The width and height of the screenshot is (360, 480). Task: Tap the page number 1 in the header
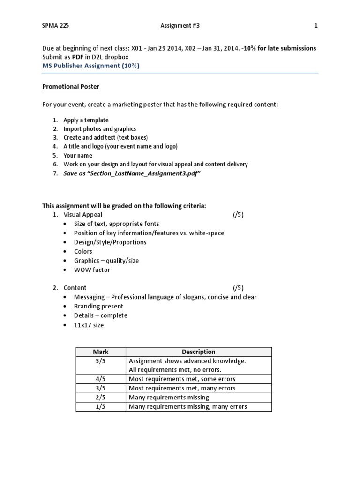pos(316,26)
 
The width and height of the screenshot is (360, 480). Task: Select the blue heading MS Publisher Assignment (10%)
pos(90,66)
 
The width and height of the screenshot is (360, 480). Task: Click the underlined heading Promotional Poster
pos(71,87)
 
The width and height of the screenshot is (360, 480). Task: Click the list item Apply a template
pos(86,120)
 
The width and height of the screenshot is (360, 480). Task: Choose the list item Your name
pos(78,155)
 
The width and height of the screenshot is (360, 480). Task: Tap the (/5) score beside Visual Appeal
pos(238,215)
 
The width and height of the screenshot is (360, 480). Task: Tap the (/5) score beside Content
pos(238,288)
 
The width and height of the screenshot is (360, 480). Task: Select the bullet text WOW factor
pos(92,270)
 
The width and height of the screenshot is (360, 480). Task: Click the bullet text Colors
pos(83,251)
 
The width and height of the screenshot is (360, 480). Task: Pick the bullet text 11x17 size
pos(89,324)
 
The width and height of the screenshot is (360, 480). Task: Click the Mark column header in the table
pos(101,352)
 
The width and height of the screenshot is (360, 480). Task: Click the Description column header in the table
pos(199,352)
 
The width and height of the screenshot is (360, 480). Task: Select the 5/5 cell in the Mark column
pos(101,361)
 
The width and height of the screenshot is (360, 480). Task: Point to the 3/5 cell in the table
pos(101,388)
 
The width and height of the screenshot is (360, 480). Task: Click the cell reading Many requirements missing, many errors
pos(187,406)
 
